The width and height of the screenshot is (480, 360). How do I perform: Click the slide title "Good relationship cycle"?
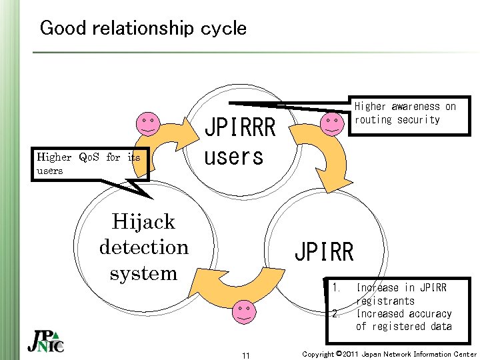(143, 28)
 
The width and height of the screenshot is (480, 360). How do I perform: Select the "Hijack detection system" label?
(143, 247)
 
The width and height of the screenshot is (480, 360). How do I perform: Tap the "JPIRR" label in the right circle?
(324, 252)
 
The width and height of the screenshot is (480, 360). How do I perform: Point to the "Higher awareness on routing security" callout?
(405, 113)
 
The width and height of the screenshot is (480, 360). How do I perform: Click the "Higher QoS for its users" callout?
(89, 164)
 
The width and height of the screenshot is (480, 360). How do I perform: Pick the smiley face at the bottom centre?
(245, 311)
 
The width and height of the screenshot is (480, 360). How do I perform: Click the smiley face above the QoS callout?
(147, 125)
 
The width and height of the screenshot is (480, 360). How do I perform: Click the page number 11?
(245, 355)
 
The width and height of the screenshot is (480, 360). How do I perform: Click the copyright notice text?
(389, 354)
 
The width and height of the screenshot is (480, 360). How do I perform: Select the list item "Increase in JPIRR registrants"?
(401, 294)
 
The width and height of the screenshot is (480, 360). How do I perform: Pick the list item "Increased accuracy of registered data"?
(404, 320)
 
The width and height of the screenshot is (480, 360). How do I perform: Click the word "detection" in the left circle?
(143, 247)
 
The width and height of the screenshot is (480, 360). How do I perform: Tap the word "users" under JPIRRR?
(233, 157)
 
